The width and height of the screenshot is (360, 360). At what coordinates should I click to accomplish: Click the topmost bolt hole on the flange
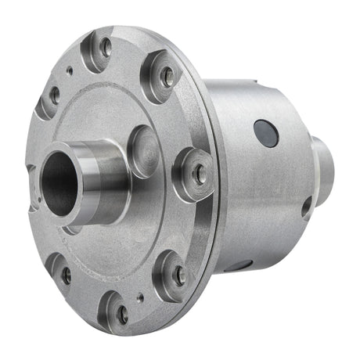tap(105, 48)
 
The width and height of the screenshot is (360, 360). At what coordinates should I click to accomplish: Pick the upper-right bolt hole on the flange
tap(167, 76)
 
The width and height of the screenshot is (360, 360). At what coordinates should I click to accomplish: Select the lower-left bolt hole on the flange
tap(66, 275)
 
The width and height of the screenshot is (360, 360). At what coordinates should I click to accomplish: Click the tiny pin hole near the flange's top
tap(70, 70)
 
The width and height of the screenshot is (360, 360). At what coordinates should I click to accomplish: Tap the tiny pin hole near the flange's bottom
tap(139, 297)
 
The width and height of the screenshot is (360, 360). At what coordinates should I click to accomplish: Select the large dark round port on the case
tap(266, 133)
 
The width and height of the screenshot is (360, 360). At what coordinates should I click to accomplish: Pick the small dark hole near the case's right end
tap(306, 207)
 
